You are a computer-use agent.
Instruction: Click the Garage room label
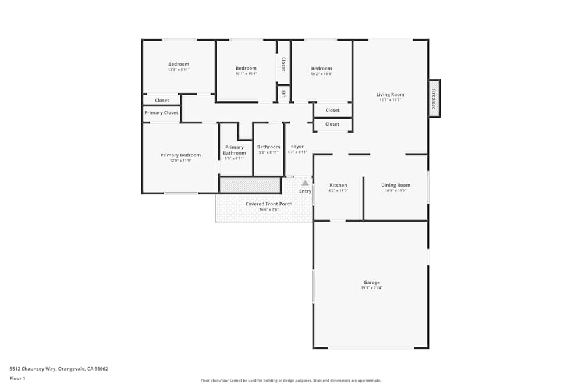(x=371, y=282)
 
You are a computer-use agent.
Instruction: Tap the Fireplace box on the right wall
(x=434, y=98)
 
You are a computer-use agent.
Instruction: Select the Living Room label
(x=390, y=95)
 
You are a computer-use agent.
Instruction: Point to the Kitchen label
(x=338, y=186)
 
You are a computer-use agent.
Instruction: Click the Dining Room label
(x=396, y=186)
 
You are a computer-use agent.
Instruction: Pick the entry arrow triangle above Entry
(x=305, y=183)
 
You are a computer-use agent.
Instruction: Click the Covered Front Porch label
(x=269, y=204)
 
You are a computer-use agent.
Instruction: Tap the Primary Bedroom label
(x=180, y=155)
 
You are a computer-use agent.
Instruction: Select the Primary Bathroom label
(x=235, y=150)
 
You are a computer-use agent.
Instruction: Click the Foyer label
(x=297, y=147)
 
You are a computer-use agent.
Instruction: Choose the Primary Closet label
(x=161, y=113)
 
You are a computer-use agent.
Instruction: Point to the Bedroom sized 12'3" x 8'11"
(x=179, y=65)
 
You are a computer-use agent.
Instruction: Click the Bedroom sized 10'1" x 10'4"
(x=246, y=69)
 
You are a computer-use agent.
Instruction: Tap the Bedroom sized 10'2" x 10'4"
(x=321, y=69)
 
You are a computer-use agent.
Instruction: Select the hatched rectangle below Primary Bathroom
(x=250, y=185)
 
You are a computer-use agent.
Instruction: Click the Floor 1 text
(x=17, y=378)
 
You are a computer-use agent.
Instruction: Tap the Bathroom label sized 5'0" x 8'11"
(x=268, y=147)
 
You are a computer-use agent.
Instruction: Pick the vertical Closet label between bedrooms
(x=283, y=64)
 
